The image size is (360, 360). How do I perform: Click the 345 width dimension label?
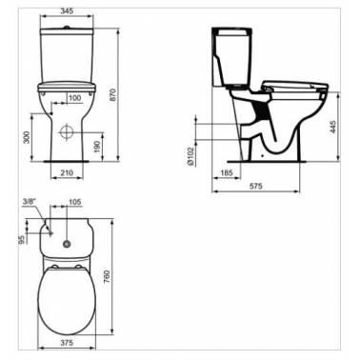point(67,10)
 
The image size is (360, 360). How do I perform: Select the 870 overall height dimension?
point(113,95)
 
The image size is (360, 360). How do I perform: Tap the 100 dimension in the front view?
point(74,98)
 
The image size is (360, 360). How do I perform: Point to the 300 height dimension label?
point(27,137)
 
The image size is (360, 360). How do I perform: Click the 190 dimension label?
point(97,147)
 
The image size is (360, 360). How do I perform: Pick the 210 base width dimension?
point(67,172)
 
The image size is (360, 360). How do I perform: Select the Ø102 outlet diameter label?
point(190,156)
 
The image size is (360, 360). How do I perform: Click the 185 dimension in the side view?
point(227,173)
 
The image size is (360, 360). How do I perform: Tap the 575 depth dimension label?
point(255,186)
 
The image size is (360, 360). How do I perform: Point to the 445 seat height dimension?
point(332,127)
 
